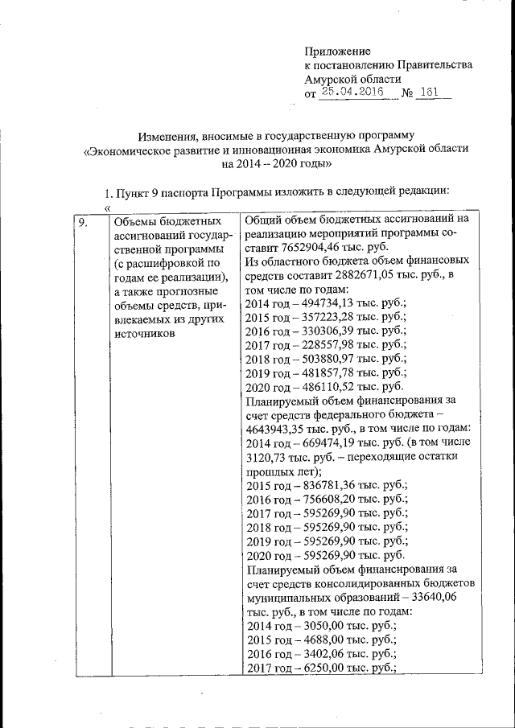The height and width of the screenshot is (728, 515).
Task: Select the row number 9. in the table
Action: click(82, 221)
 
